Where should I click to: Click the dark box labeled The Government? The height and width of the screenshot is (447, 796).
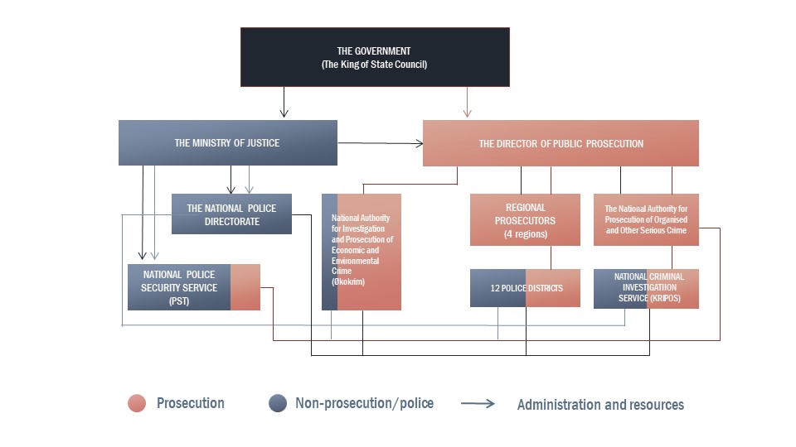click(x=375, y=56)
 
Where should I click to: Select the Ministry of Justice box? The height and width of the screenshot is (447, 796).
click(x=227, y=142)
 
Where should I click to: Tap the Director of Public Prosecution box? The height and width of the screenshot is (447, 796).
click(x=561, y=143)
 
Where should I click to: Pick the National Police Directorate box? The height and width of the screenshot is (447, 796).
click(x=231, y=214)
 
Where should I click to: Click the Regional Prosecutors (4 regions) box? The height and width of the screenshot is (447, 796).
click(x=525, y=219)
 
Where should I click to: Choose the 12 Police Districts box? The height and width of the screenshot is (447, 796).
click(x=525, y=288)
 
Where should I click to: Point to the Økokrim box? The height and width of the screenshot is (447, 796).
click(x=362, y=252)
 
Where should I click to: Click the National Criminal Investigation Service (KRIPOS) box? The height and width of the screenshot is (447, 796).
click(x=646, y=288)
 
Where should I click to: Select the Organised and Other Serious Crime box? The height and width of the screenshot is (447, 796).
click(x=646, y=219)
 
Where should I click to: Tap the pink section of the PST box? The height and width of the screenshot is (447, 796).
click(x=245, y=287)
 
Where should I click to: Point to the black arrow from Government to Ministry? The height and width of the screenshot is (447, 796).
click(x=284, y=101)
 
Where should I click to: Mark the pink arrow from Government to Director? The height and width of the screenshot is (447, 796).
click(x=468, y=101)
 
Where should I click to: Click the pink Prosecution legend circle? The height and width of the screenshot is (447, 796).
click(x=138, y=403)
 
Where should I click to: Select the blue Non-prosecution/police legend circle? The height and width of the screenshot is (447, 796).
click(x=278, y=403)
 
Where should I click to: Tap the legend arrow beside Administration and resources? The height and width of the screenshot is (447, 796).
click(x=478, y=404)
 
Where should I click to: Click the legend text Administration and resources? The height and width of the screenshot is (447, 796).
click(x=600, y=405)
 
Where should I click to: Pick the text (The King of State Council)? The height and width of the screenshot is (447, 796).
click(x=374, y=65)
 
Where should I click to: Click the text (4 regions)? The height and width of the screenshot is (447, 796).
click(x=525, y=233)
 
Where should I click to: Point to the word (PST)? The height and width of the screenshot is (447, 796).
click(x=179, y=300)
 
